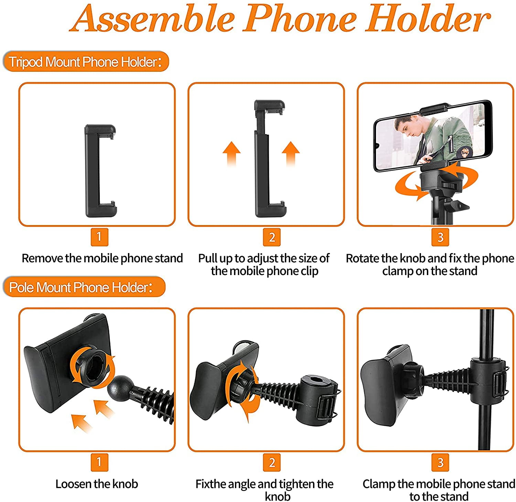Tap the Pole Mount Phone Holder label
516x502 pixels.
pyautogui.click(x=84, y=287)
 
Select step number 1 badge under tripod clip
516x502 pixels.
pyautogui.click(x=99, y=237)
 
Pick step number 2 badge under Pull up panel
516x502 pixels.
pyautogui.click(x=272, y=237)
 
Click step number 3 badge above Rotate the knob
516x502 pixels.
pyautogui.click(x=440, y=237)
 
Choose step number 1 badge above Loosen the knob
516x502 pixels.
pyautogui.click(x=99, y=462)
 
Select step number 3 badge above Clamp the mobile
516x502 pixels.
pyautogui.click(x=440, y=462)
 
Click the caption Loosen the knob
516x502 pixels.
pyautogui.click(x=97, y=484)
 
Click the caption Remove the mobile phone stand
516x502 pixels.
pyautogui.click(x=102, y=258)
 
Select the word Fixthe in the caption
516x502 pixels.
pyautogui.click(x=211, y=484)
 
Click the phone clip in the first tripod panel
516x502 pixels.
pyautogui.click(x=100, y=171)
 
